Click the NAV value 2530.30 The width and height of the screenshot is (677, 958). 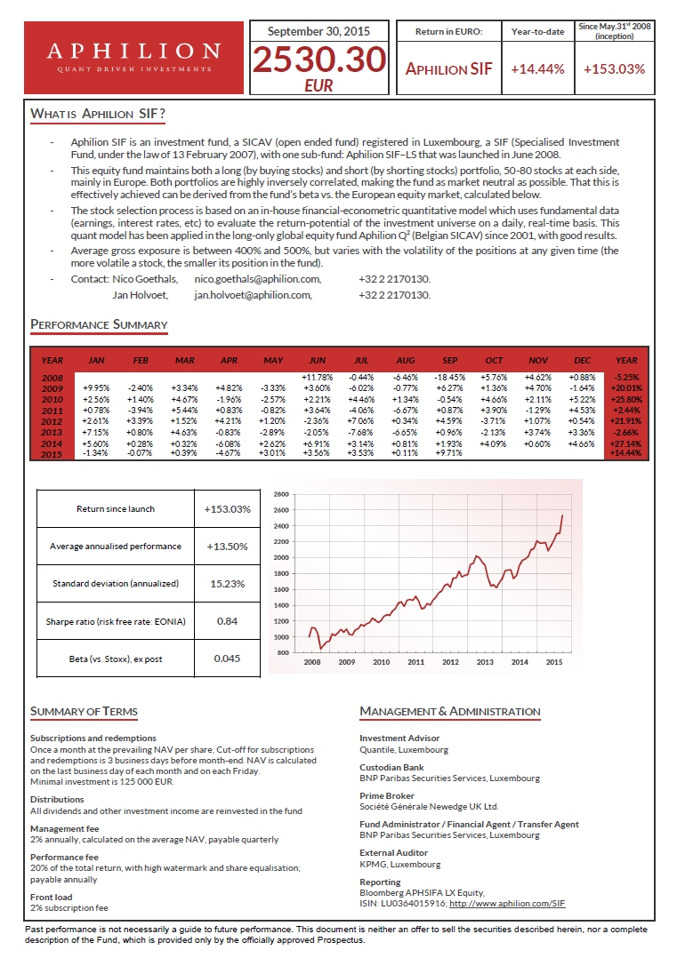tap(319, 60)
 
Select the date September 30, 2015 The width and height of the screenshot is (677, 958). tap(319, 31)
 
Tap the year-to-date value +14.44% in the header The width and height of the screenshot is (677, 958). tap(537, 68)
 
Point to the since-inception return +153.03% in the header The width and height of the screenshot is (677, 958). tap(615, 68)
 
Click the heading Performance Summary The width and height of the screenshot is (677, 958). tap(99, 324)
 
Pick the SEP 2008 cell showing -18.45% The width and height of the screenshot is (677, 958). tap(445, 379)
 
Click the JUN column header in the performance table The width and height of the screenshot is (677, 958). tap(316, 360)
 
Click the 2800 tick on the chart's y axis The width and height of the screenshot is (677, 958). tap(281, 493)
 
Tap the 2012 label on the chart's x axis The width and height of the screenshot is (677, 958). tap(450, 662)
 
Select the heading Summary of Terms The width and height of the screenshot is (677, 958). tap(84, 711)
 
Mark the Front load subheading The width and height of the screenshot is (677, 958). tap(52, 898)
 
